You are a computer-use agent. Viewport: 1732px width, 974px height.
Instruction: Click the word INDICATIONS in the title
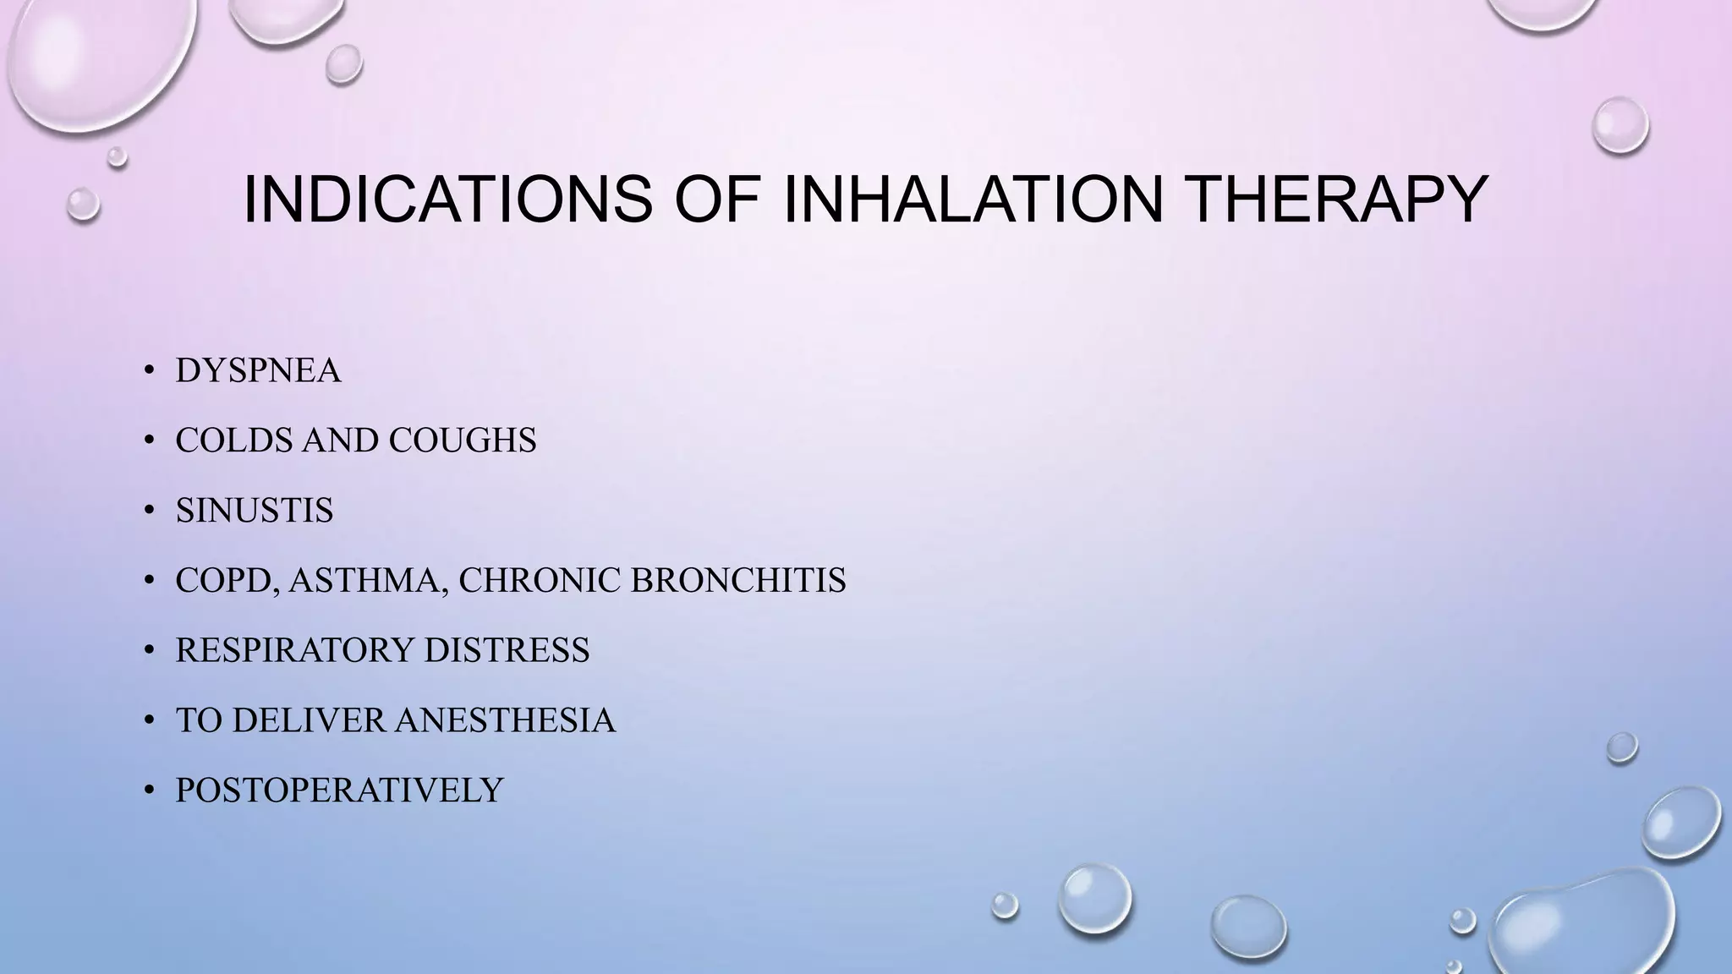[x=447, y=200]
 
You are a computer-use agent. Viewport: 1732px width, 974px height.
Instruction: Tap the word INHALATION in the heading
[x=973, y=200]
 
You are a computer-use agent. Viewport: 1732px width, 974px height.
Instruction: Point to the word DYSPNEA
[x=258, y=371]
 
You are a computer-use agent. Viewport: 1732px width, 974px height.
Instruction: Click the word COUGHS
[x=463, y=440]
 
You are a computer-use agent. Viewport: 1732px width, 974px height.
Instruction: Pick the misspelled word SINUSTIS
[x=255, y=511]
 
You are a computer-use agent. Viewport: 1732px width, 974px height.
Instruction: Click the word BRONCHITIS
[x=738, y=581]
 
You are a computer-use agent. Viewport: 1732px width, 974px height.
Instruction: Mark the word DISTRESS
[x=507, y=650]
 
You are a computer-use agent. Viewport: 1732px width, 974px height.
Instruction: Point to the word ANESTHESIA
[x=505, y=720]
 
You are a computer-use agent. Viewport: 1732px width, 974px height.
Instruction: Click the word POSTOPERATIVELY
[x=339, y=791]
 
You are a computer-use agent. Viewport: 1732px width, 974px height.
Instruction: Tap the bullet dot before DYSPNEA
[x=149, y=371]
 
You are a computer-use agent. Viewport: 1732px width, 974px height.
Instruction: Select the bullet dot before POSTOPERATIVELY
[x=149, y=791]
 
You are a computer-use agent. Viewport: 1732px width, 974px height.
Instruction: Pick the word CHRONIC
[x=540, y=581]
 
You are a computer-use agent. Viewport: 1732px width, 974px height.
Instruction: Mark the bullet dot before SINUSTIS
[x=149, y=511]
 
